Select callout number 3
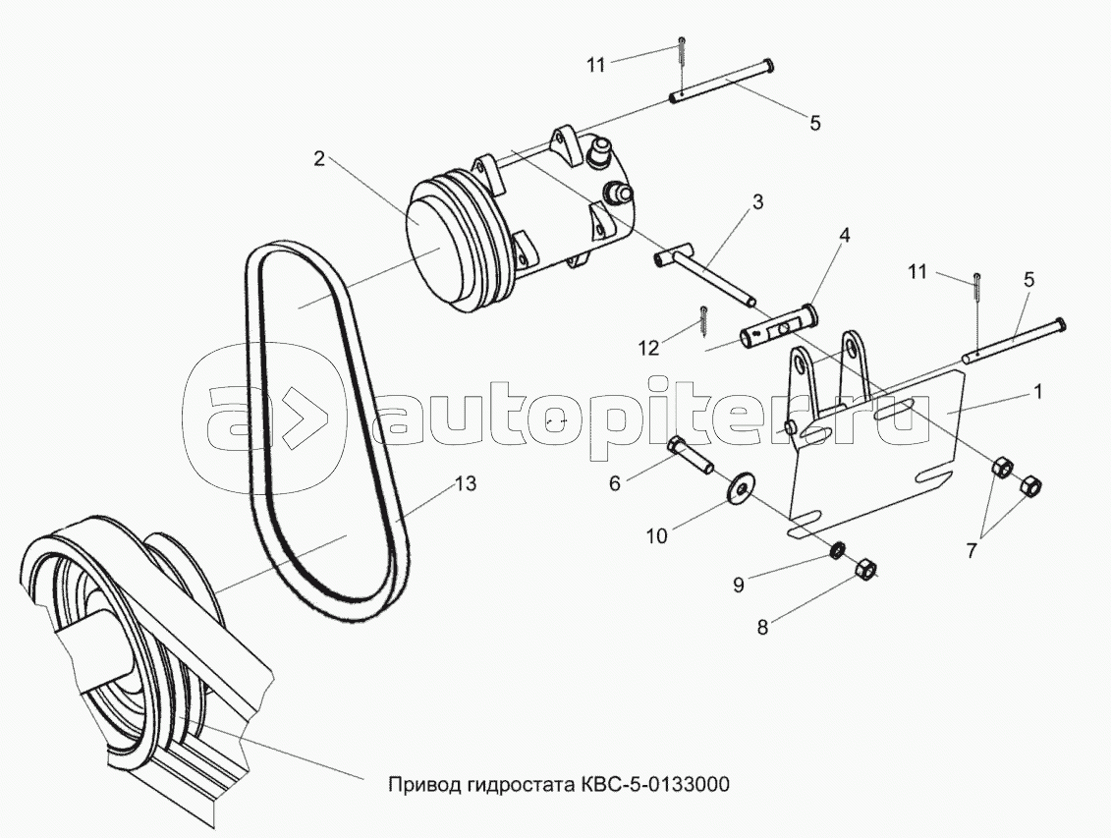[x=757, y=202]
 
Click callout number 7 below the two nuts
[x=971, y=550]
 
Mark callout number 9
[x=739, y=584]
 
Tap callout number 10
[x=655, y=534]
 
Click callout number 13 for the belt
[x=465, y=484]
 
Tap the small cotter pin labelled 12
[x=703, y=318]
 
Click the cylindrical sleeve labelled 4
[x=780, y=326]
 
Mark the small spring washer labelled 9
[x=837, y=549]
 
